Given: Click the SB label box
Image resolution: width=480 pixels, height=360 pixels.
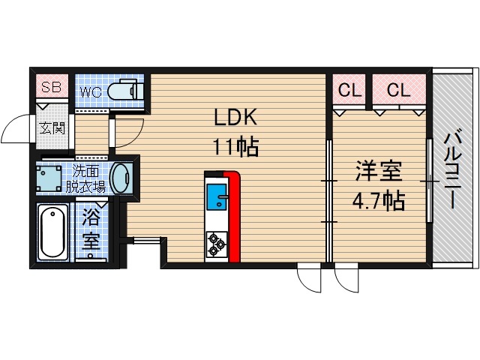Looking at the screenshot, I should pyautogui.click(x=51, y=87).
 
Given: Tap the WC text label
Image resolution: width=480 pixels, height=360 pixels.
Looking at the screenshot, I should pyautogui.click(x=91, y=92).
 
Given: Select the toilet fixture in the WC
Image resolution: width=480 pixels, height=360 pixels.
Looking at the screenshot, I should pyautogui.click(x=123, y=91).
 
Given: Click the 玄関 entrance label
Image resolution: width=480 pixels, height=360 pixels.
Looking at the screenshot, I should pyautogui.click(x=52, y=128).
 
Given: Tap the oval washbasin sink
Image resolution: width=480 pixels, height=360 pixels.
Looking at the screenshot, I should pyautogui.click(x=119, y=179).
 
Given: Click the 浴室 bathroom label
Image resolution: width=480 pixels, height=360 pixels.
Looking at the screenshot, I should pyautogui.click(x=91, y=230).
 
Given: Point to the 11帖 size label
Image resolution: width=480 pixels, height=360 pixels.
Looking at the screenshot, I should pyautogui.click(x=236, y=145).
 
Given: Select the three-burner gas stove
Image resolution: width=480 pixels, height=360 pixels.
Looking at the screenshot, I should pyautogui.click(x=216, y=242).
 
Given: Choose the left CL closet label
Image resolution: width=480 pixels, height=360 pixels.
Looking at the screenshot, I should pyautogui.click(x=349, y=91).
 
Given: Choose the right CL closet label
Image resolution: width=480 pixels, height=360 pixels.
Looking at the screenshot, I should pyautogui.click(x=399, y=91).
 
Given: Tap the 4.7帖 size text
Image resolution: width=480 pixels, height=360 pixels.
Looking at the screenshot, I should pyautogui.click(x=379, y=201).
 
